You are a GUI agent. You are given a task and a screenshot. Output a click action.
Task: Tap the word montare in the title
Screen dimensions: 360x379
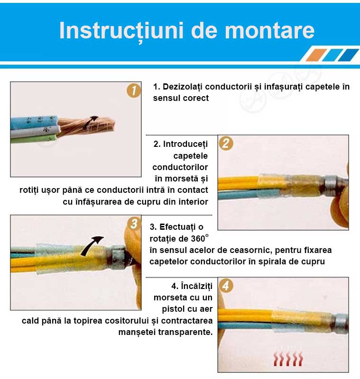pyautogui.click(x=270, y=30)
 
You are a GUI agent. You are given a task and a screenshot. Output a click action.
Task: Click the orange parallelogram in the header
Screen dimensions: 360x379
pyautogui.click(x=316, y=55)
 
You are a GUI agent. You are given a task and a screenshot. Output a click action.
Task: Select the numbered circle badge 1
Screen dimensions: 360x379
pyautogui.click(x=134, y=90)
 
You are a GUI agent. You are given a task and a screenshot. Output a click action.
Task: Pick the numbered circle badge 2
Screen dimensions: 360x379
pyautogui.click(x=226, y=143)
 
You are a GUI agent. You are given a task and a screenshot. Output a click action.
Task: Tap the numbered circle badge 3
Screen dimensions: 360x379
pyautogui.click(x=134, y=223)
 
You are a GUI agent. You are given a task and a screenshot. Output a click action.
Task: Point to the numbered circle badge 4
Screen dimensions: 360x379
pyautogui.click(x=226, y=285)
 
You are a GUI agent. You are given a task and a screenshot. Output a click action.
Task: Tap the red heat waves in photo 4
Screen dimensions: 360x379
pyautogui.click(x=288, y=359)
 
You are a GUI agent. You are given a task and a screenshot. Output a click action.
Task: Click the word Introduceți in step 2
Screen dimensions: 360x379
pyautogui.click(x=185, y=144)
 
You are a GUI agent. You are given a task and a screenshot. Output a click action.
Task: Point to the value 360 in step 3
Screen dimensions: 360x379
pyautogui.click(x=198, y=239)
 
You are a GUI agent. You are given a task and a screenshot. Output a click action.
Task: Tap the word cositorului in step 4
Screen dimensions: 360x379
pyautogui.click(x=127, y=321)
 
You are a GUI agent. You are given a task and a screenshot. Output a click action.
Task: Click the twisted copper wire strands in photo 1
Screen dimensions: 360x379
pyautogui.click(x=86, y=125)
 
